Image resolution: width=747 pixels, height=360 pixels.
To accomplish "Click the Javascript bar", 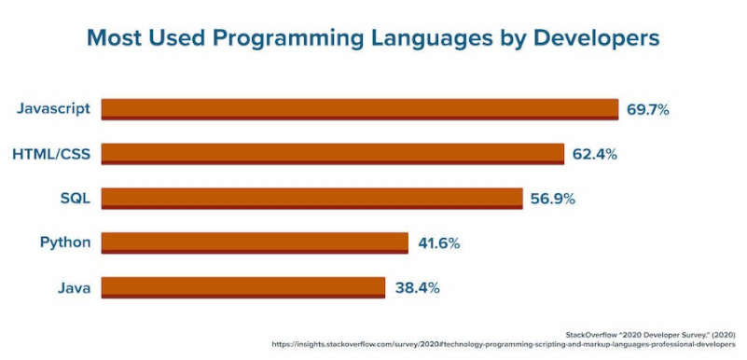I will [x=359, y=109].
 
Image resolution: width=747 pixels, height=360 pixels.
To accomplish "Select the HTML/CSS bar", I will [x=332, y=154].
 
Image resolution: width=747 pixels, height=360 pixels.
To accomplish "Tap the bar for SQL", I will [x=311, y=198].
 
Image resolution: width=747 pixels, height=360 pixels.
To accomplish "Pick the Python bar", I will [x=255, y=242].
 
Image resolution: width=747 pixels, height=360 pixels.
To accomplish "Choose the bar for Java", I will [x=242, y=287].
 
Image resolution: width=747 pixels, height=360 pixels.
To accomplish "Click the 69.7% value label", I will [x=647, y=109].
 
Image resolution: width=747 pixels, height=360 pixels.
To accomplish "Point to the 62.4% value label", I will [x=594, y=154].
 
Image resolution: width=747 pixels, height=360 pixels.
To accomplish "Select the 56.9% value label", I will [x=552, y=198].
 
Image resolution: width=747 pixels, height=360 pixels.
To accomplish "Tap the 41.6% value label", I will [x=438, y=242].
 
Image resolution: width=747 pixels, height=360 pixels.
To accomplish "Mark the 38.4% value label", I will [x=416, y=287].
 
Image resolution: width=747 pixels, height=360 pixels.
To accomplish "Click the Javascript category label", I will [x=53, y=109].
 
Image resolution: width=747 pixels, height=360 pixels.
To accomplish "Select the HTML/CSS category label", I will [x=51, y=154].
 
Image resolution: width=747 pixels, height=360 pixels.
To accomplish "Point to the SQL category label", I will [x=75, y=198].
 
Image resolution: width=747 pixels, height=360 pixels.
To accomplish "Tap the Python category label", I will [x=65, y=242].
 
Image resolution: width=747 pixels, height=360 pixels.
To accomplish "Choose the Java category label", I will [x=73, y=287].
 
